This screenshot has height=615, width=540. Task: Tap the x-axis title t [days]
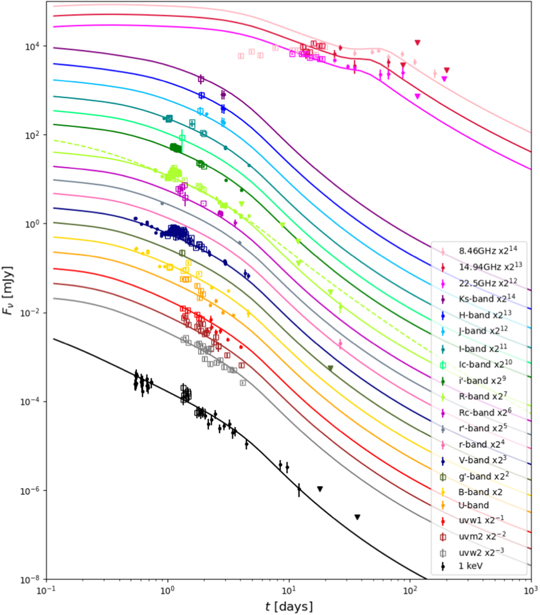tap(288, 606)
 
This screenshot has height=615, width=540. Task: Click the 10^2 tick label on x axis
tap(410, 591)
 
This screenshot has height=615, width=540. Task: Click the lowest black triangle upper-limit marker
tap(357, 517)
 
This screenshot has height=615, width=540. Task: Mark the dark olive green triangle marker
tap(330, 368)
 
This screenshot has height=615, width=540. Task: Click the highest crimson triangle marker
tap(417, 43)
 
